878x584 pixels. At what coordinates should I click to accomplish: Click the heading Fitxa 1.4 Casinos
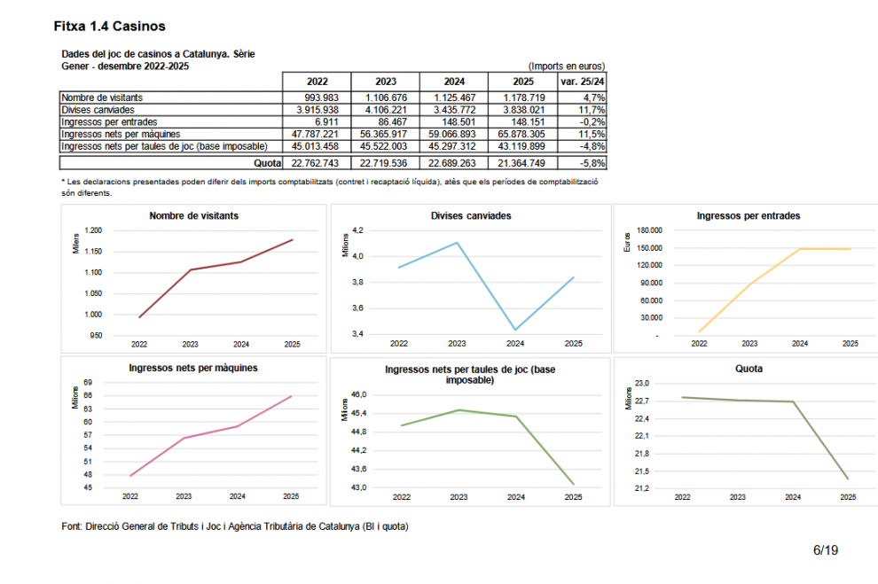[x=109, y=27]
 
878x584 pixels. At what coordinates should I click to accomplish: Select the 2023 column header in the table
[x=386, y=82]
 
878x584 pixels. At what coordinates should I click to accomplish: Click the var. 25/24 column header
[x=582, y=82]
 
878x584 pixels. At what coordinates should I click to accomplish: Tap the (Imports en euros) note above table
[x=566, y=66]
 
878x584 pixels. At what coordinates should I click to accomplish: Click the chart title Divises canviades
[x=470, y=215]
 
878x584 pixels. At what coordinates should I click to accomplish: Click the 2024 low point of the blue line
[x=515, y=330]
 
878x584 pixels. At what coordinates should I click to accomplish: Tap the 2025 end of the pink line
[x=292, y=395]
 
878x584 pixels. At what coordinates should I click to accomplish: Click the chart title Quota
[x=749, y=369]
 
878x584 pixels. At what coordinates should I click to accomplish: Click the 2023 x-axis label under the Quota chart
[x=737, y=498]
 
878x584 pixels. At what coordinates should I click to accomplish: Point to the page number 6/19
[x=825, y=550]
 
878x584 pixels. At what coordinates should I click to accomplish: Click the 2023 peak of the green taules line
[x=459, y=409]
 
